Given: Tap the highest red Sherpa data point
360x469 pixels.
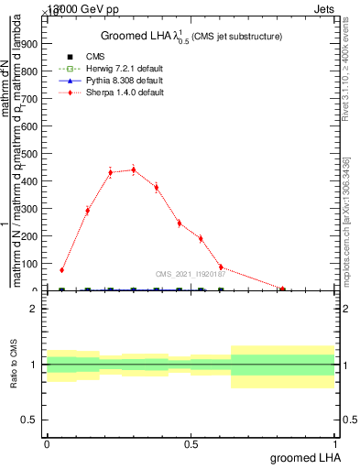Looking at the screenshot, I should (134, 169).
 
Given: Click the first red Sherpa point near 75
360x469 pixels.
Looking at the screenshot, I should (61, 270).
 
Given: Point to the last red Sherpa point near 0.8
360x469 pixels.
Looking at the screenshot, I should (283, 289).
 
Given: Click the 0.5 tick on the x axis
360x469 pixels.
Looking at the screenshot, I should (191, 443).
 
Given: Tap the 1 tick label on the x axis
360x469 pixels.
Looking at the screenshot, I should (335, 443).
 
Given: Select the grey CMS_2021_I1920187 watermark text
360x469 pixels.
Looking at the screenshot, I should (190, 273).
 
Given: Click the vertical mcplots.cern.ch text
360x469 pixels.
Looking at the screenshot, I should (349, 229).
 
